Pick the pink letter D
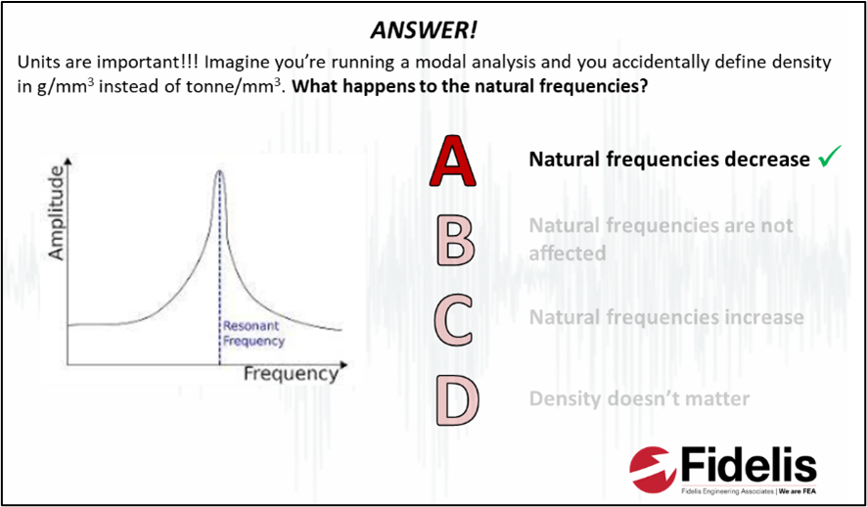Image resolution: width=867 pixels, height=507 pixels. point(457,400)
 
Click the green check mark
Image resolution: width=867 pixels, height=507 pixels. point(830,156)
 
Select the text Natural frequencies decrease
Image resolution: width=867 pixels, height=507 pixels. point(669,160)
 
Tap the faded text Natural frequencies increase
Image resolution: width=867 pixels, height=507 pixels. point(666,317)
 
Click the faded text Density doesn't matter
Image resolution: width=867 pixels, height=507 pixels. point(639,398)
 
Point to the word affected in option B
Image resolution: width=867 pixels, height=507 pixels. point(568,253)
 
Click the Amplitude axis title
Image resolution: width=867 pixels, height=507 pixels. point(57,213)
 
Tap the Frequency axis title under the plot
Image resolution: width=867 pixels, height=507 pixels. point(291,374)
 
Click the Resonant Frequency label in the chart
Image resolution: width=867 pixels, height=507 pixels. point(253,333)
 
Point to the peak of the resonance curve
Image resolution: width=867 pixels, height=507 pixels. point(219,170)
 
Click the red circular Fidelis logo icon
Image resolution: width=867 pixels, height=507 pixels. point(654,470)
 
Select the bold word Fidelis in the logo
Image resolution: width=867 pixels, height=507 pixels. point(750,467)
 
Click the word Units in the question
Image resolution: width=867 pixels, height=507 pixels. point(38,63)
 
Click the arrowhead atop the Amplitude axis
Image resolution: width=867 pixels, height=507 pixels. point(68,161)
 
